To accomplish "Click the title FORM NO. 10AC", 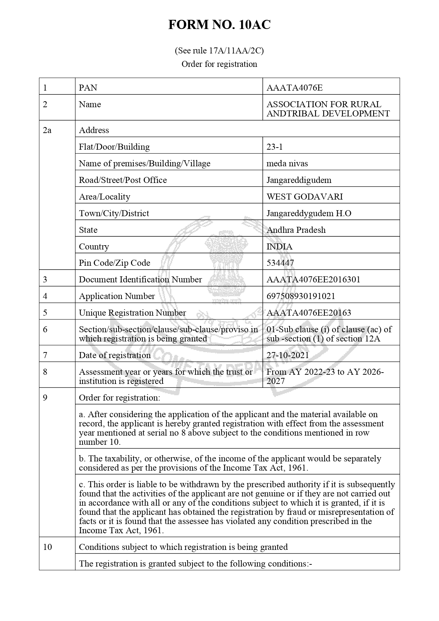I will click(x=219, y=25).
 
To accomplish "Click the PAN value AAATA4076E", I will click(x=294, y=87).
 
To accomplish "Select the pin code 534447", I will click(x=280, y=263).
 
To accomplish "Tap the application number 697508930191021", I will click(x=301, y=296).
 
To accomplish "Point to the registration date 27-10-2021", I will click(x=287, y=355).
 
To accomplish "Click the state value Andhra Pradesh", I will click(x=296, y=230).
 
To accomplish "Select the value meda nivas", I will click(x=287, y=163).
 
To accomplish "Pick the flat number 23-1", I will click(x=274, y=147).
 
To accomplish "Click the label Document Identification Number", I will click(x=140, y=280).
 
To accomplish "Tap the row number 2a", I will click(x=47, y=130).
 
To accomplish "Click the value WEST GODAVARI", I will click(x=304, y=197).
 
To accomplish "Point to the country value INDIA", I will click(x=279, y=247).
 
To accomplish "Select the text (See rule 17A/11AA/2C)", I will click(x=219, y=51).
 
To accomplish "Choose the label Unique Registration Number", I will click(x=132, y=313).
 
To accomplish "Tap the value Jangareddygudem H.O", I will click(x=309, y=213).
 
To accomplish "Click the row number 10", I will click(x=47, y=547).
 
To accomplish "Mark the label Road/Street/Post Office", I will click(x=122, y=180).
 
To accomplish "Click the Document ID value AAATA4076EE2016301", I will click(x=313, y=280).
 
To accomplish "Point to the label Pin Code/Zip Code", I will click(x=114, y=263).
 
